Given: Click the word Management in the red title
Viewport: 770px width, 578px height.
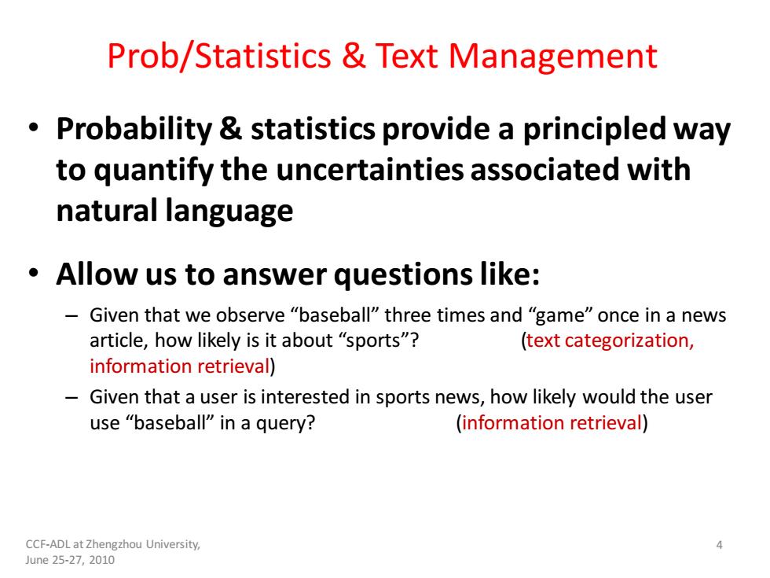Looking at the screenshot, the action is coord(553,57).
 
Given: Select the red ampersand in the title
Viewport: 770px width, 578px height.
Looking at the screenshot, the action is coord(354,55).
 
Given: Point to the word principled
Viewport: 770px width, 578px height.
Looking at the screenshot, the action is coord(592,131).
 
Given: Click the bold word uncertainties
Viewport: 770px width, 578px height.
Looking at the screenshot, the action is coord(370,170).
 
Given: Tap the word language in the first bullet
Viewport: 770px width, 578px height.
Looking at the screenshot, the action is coord(229,212).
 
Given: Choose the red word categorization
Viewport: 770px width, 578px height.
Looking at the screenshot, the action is coord(629,341).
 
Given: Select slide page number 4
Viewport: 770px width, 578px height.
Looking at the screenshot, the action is coord(720,544).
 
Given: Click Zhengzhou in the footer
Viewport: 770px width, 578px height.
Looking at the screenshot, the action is coord(114,544).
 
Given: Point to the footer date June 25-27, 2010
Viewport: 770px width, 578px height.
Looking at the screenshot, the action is coord(70,560).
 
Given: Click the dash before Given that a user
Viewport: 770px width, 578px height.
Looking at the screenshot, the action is coord(71,397).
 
